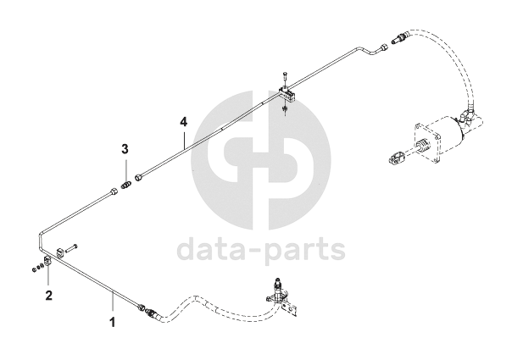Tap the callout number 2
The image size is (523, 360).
click(48, 296)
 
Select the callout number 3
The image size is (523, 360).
click(125, 149)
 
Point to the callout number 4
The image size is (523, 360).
click(182, 122)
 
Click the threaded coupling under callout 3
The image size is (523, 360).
click(126, 184)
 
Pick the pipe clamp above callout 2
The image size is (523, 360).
click(47, 264)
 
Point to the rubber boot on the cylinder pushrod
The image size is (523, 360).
click(415, 152)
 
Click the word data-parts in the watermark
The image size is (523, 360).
click(260, 249)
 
